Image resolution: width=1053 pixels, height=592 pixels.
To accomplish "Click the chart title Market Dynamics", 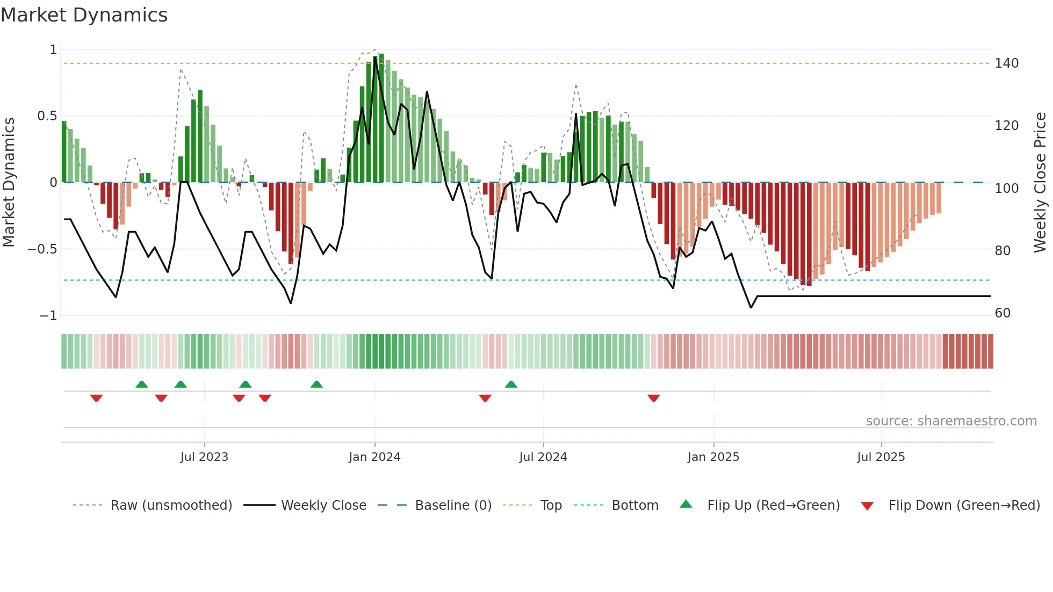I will tap(84, 15).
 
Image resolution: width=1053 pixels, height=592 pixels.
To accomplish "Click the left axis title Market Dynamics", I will tap(9, 182).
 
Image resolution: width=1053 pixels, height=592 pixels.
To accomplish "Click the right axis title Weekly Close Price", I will tap(1040, 182).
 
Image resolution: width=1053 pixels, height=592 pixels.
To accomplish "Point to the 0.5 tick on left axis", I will tap(47, 116).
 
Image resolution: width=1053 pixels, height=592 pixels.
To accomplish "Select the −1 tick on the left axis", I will tap(48, 316).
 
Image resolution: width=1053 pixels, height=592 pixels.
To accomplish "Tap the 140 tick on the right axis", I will tap(1006, 63).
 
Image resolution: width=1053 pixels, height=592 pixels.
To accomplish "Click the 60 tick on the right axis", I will tap(1002, 313).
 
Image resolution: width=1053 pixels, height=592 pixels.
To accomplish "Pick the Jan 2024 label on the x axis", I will tap(374, 457).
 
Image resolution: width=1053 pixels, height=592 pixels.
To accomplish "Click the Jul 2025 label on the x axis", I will tap(881, 457).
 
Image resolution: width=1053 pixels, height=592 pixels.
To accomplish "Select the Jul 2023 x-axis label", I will tap(204, 457).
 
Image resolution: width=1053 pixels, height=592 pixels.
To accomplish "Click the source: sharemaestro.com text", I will tap(951, 421).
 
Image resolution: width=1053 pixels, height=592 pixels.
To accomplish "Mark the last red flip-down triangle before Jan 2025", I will tap(653, 398).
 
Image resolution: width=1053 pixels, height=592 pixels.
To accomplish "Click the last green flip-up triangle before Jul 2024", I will tap(511, 385).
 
